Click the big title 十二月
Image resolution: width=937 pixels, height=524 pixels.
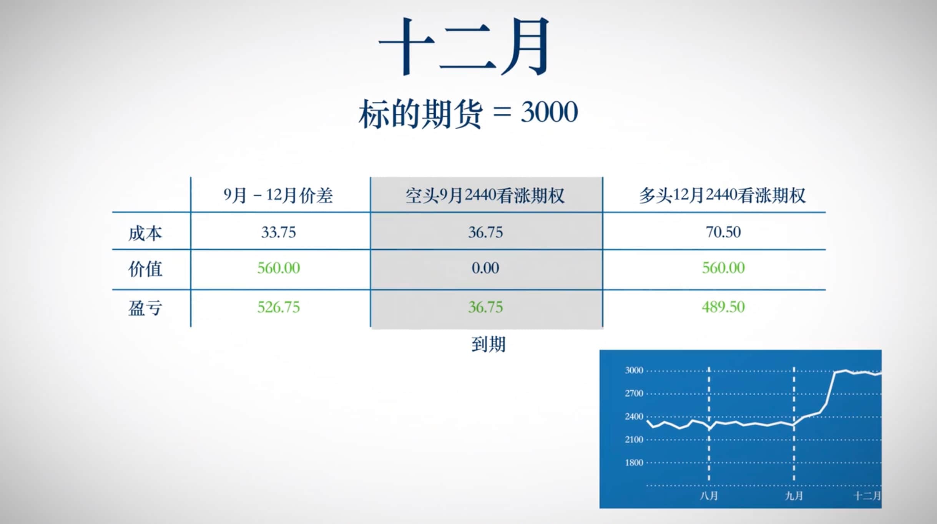click(464, 46)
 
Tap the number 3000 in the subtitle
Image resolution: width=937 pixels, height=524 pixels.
click(549, 112)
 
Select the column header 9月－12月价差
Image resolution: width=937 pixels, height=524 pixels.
click(278, 196)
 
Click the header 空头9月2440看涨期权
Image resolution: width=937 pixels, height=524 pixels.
click(485, 196)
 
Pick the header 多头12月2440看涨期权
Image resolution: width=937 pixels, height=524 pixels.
click(722, 196)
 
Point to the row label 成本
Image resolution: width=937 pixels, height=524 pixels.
click(145, 233)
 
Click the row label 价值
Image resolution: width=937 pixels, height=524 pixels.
click(145, 269)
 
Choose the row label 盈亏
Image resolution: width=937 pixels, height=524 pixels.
click(145, 308)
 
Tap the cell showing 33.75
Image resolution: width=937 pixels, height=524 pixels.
click(278, 232)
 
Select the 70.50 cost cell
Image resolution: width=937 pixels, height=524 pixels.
click(723, 232)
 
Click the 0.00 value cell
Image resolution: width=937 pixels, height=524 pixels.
click(485, 268)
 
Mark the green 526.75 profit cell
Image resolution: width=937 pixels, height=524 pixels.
click(278, 307)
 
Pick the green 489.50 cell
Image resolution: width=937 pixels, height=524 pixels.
click(723, 307)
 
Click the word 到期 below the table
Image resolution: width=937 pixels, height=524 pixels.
click(488, 344)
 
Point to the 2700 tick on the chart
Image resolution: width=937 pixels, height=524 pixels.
click(634, 393)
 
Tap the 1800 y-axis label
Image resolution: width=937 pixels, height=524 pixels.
click(634, 463)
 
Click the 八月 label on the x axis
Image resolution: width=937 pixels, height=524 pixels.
click(709, 496)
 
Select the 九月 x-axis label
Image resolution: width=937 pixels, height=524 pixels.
click(794, 496)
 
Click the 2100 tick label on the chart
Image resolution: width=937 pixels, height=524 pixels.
click(634, 439)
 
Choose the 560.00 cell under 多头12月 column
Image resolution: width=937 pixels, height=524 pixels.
click(723, 268)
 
